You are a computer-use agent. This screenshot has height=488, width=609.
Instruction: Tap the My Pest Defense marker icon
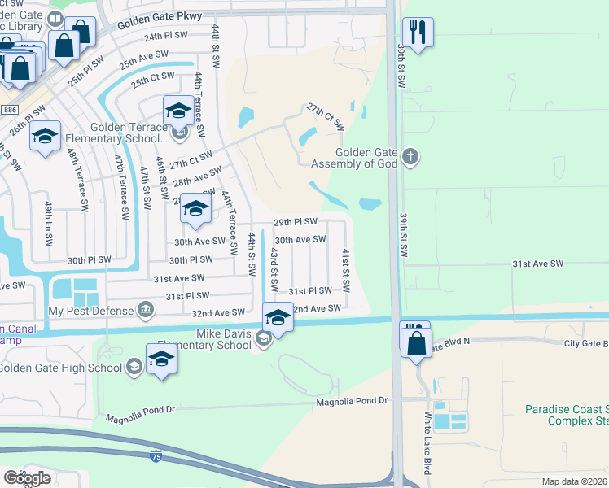click(x=146, y=309)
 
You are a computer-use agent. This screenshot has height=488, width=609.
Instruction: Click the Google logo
click(x=26, y=477)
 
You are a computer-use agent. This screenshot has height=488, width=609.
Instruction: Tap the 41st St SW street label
click(x=346, y=272)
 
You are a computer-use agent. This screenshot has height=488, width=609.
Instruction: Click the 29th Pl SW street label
click(x=295, y=221)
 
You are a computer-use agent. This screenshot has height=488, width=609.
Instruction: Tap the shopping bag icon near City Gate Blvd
click(x=416, y=342)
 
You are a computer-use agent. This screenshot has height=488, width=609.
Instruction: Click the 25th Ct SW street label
click(x=153, y=80)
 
